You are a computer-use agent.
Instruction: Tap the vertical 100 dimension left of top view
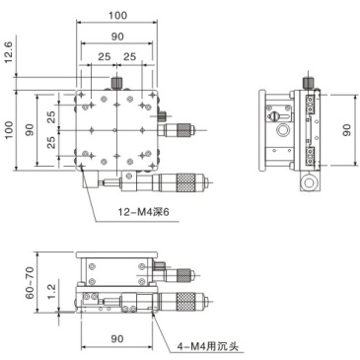11,130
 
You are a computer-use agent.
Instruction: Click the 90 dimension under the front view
117,338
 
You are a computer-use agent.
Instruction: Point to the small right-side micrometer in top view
180,128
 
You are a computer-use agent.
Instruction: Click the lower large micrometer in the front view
182,302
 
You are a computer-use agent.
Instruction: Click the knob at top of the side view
307,84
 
